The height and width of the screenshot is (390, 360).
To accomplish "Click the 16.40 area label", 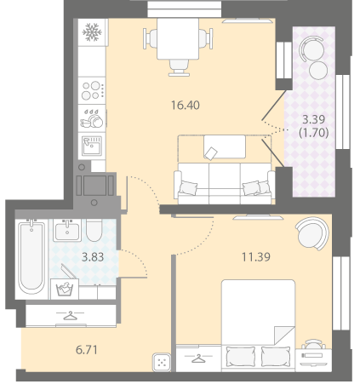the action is (x=186, y=106).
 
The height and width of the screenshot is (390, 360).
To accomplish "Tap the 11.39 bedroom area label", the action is (x=256, y=257).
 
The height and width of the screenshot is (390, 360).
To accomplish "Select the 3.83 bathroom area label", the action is (x=93, y=257).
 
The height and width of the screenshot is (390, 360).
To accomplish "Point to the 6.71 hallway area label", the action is (x=87, y=350).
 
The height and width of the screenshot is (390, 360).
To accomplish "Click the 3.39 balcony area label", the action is (x=313, y=119).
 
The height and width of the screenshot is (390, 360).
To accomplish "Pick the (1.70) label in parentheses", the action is (x=314, y=133).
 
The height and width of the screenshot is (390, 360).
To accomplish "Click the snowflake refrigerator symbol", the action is (x=92, y=32).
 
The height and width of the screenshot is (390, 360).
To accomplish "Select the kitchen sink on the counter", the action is (x=92, y=146).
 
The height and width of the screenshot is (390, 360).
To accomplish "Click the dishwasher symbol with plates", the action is (x=92, y=118).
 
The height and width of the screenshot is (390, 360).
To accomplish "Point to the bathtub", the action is (x=31, y=258).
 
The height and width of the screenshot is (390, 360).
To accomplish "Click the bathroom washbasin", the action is (x=67, y=230).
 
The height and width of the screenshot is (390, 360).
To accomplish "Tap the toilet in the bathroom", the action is (x=94, y=230).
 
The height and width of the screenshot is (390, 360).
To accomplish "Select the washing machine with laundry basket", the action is (x=65, y=289).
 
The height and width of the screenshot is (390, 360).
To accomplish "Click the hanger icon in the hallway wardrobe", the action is (x=70, y=315).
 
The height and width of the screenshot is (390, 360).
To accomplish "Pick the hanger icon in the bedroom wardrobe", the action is (x=198, y=358).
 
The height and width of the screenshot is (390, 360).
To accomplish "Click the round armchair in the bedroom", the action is (x=311, y=233).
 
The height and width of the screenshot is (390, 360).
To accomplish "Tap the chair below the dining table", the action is (x=179, y=68).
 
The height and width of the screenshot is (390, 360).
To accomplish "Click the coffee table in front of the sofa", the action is (x=225, y=146).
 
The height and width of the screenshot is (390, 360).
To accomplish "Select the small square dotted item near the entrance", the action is (x=162, y=362).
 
